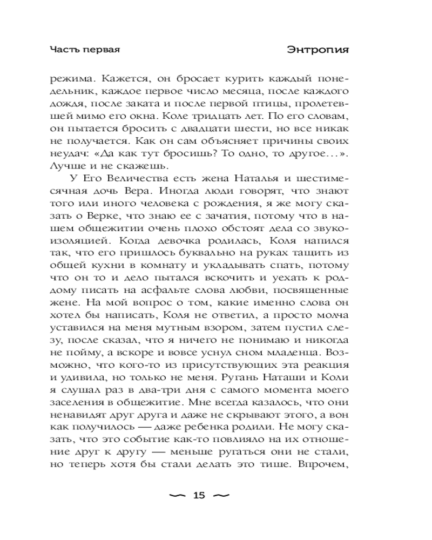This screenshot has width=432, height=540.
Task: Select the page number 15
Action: (x=199, y=496)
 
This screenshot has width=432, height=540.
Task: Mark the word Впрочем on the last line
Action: (x=321, y=464)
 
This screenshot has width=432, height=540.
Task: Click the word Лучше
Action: (x=64, y=166)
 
